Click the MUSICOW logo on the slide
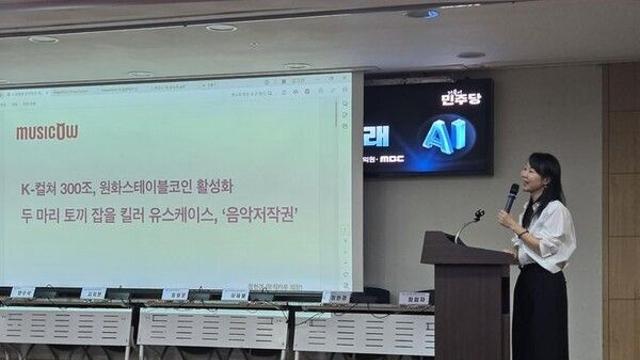pyautogui.click(x=47, y=132)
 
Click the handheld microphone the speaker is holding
pyautogui.click(x=511, y=197)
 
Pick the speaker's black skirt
pyautogui.click(x=541, y=315)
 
